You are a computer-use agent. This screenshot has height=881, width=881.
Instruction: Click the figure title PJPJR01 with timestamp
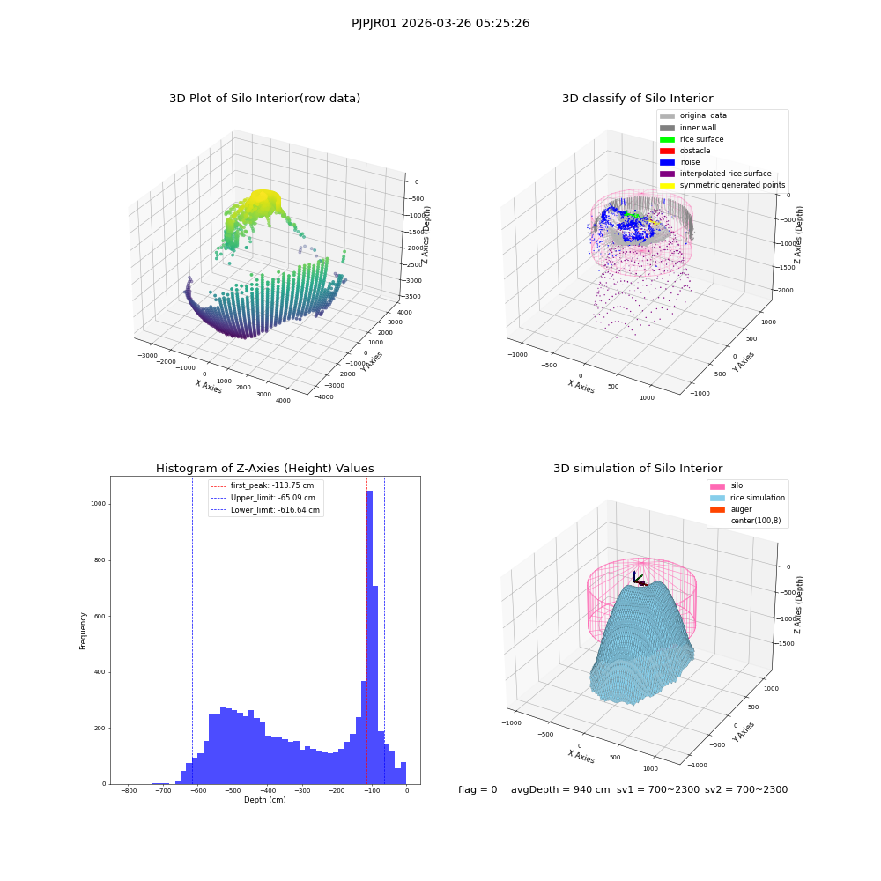440,23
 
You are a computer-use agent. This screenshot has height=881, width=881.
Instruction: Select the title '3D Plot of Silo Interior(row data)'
264,99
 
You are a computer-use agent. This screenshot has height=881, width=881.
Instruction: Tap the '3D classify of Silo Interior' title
638,99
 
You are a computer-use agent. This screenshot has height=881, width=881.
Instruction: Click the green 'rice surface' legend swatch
667,139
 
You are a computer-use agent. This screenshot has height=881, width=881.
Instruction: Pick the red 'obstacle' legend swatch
667,151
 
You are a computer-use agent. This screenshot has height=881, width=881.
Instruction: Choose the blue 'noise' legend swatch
667,162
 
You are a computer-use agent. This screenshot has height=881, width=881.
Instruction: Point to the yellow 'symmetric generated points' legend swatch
667,185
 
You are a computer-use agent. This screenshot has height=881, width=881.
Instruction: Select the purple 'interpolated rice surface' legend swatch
667,174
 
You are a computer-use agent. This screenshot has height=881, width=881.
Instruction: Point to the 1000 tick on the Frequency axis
99,504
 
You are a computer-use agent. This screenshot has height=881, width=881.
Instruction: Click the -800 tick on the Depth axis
129,790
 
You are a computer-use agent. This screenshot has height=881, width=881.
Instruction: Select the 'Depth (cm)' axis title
264,800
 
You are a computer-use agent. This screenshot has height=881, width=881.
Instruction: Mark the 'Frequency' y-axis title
83,631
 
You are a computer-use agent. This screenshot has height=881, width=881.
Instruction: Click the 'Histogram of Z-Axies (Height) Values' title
264,469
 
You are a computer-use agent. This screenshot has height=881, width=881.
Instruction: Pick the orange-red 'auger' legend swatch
717,509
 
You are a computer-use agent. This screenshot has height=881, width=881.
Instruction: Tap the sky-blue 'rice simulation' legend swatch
717,498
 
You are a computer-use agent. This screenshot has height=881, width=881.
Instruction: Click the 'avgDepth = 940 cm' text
560,789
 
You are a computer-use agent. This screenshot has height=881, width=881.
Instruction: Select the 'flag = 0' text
478,789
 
